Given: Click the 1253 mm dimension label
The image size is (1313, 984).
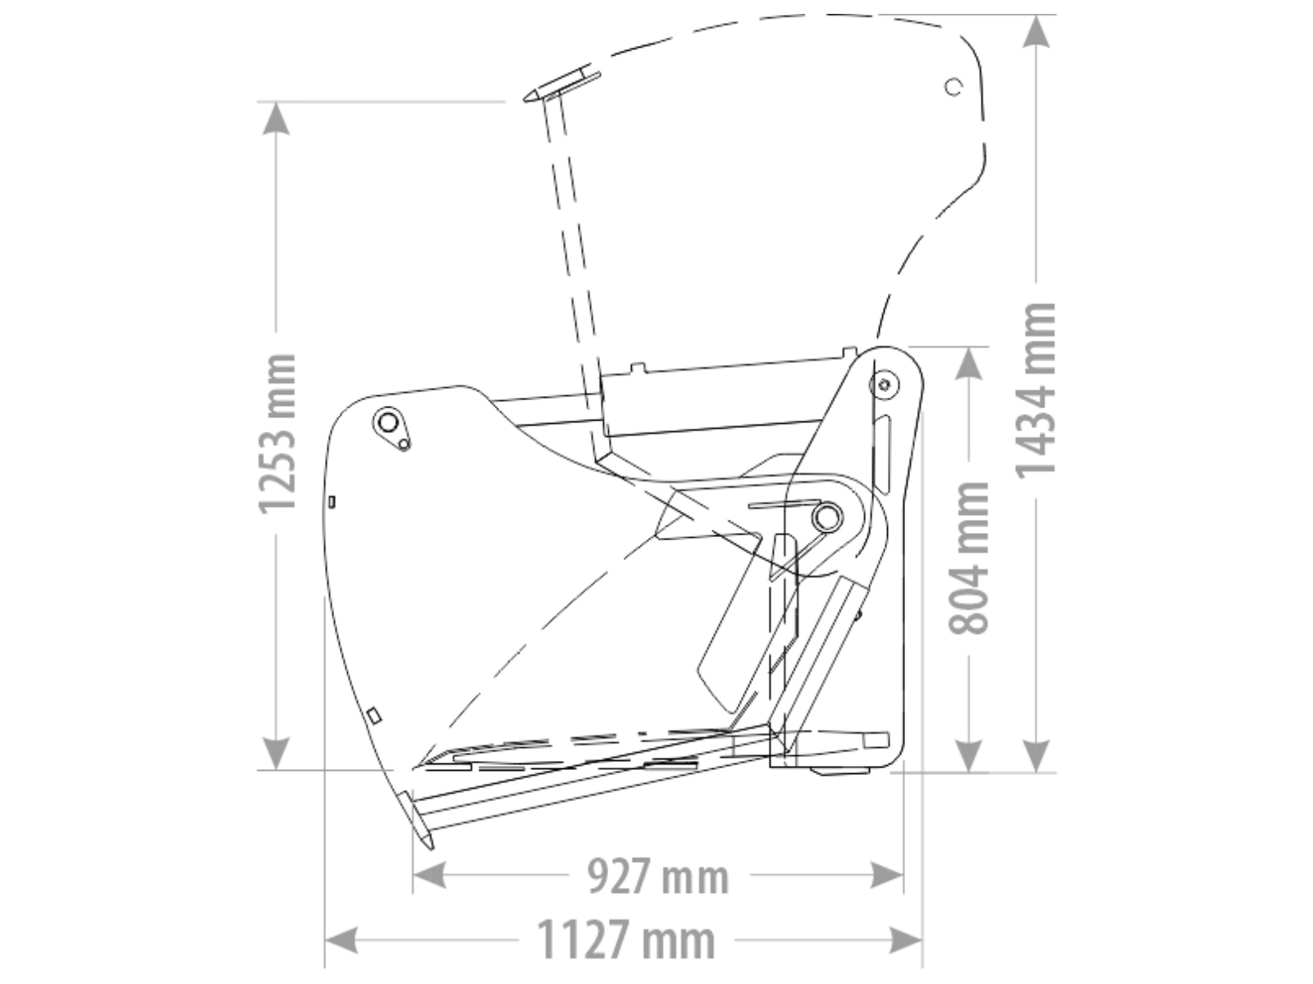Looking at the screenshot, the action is (x=277, y=434).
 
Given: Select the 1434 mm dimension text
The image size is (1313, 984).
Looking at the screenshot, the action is (x=1036, y=390).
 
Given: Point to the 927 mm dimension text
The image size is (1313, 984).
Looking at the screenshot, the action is (x=659, y=876).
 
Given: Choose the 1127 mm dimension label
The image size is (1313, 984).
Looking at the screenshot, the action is (x=625, y=940).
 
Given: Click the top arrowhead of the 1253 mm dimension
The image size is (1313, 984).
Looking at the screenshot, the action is (x=276, y=118).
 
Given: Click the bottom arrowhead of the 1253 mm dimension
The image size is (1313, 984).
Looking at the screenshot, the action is (x=276, y=754).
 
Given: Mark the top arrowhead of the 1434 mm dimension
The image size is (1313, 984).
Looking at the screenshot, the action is (x=1036, y=31).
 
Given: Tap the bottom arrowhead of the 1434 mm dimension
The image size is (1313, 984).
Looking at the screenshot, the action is (x=1036, y=756).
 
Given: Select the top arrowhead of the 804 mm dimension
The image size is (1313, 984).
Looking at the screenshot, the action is (x=968, y=362).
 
